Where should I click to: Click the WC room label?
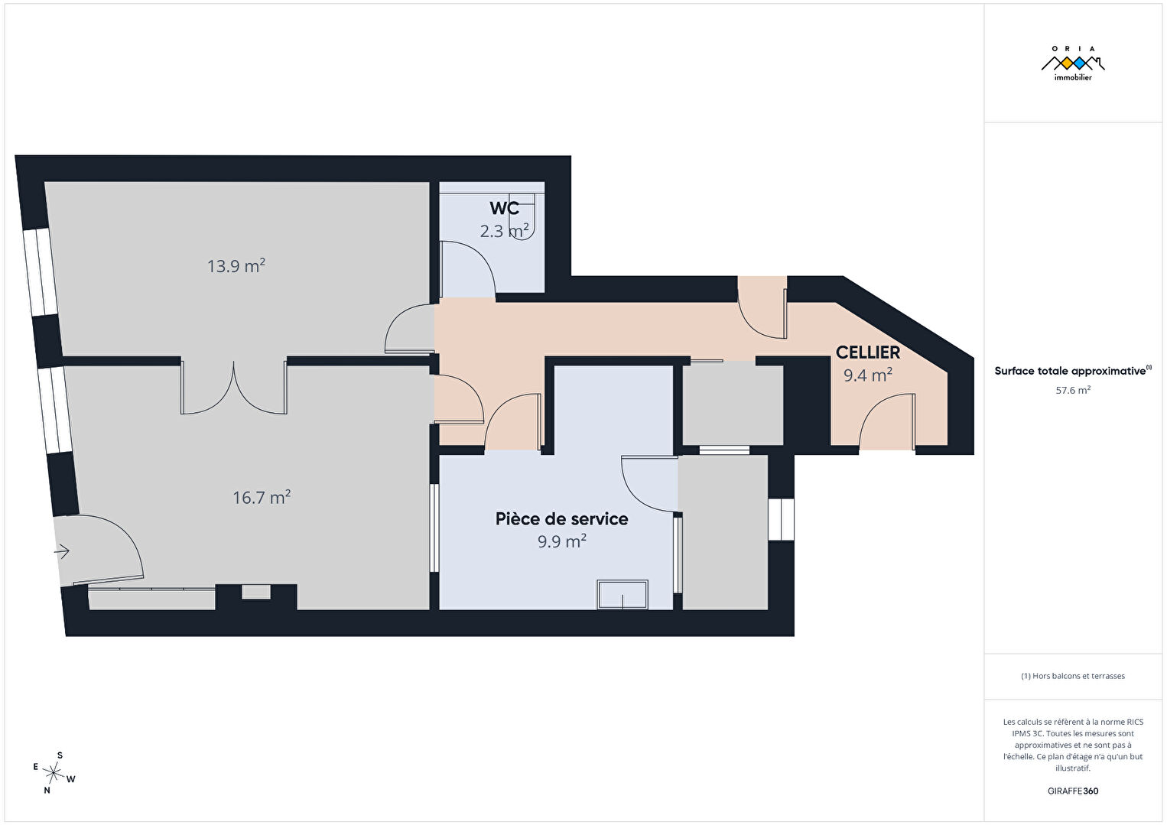tap(504, 208)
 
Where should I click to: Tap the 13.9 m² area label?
tap(236, 266)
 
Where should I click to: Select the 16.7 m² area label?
tap(262, 498)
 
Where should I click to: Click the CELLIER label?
tap(868, 352)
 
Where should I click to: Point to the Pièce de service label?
tap(561, 518)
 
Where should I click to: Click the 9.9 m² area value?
tap(562, 541)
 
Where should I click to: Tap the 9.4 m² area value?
tap(868, 375)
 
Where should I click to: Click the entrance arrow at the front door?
tap(62, 551)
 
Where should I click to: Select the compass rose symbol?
tap(53, 773)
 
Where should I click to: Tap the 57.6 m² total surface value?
tap(1073, 390)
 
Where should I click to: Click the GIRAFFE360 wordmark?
tap(1073, 791)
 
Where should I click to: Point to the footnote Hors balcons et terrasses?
tap(1073, 676)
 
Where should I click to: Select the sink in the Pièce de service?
tap(623, 594)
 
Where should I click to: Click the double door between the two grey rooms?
tap(233, 387)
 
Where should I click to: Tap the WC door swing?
tap(467, 269)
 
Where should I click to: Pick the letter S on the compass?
tap(60, 755)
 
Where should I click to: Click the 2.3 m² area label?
tap(504, 231)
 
